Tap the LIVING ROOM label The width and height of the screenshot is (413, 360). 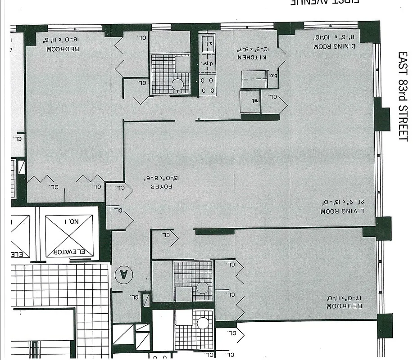point(342,211)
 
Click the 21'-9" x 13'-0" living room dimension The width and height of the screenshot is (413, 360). point(342,202)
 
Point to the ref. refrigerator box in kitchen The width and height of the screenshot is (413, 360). point(250,101)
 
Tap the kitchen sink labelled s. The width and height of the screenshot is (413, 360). point(209,44)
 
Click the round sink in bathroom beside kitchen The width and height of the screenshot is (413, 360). point(178,84)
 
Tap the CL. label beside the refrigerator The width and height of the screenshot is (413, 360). point(272,96)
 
